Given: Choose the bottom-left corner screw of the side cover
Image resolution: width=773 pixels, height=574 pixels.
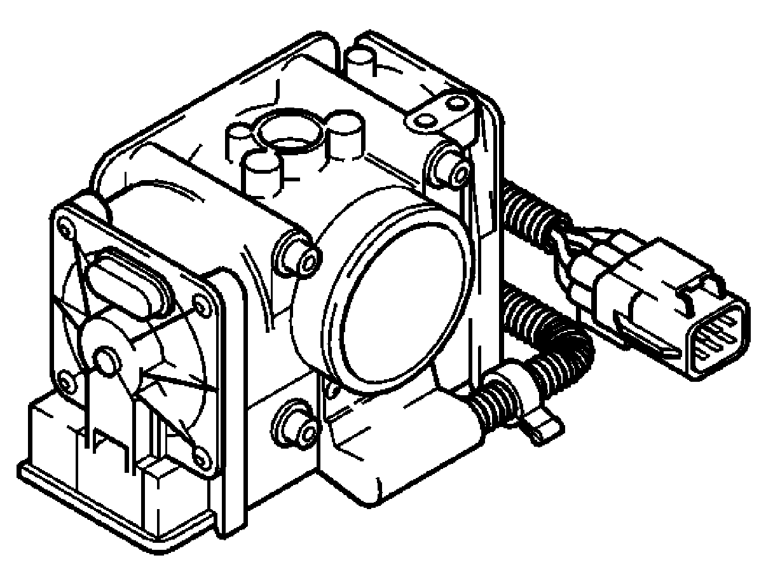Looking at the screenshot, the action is pyautogui.click(x=65, y=382).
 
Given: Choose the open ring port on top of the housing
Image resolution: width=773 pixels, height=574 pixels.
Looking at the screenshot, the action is pyautogui.click(x=286, y=134).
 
